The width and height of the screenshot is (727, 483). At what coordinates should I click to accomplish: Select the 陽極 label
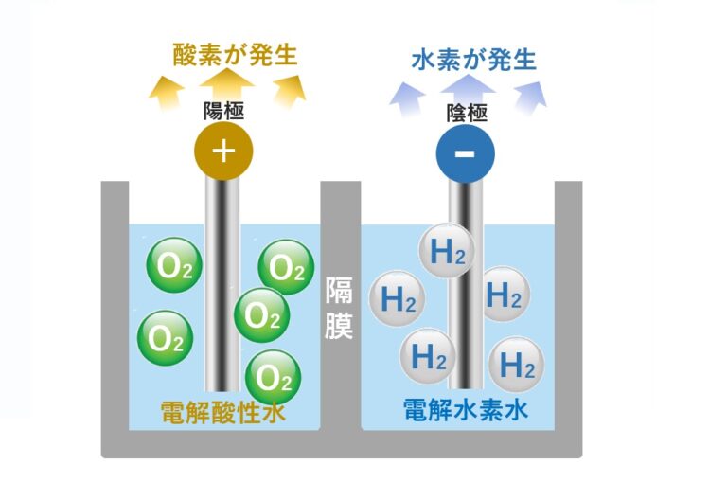point(224,111)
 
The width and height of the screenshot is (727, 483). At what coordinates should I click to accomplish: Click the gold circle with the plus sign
point(223,151)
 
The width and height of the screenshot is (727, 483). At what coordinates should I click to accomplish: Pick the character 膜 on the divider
point(339,326)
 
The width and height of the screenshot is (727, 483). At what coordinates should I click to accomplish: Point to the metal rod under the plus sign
point(222,284)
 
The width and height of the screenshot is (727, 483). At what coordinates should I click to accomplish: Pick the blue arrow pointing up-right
point(530,95)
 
